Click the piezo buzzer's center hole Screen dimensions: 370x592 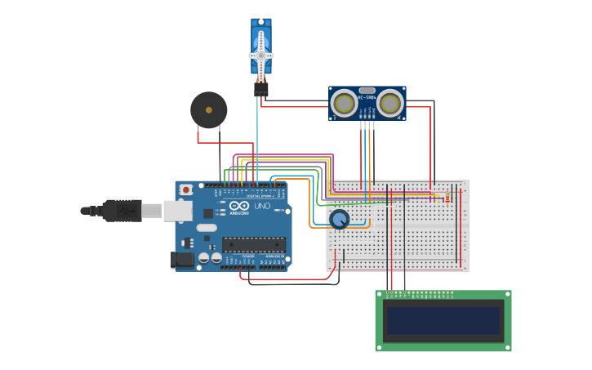(209, 109)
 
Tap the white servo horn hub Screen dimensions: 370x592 (261, 56)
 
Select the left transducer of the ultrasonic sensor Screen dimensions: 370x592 (345, 104)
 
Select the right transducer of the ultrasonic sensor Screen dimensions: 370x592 (390, 104)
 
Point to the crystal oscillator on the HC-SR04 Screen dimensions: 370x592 (367, 91)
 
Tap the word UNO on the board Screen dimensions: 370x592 (262, 207)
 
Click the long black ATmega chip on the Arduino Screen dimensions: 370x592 (254, 244)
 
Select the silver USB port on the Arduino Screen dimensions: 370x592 (177, 211)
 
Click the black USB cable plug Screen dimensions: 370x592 (122, 211)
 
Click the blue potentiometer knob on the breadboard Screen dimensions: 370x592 (339, 219)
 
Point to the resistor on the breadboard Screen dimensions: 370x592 (447, 197)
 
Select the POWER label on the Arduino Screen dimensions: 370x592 (247, 256)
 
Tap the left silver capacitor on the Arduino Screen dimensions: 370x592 (203, 258)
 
